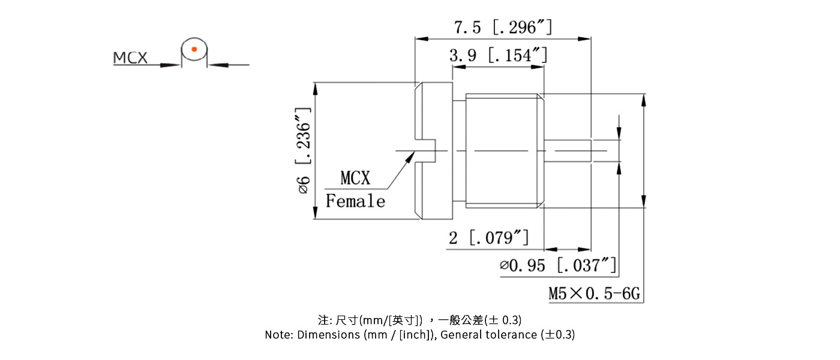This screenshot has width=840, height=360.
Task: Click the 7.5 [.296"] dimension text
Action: [x=503, y=28]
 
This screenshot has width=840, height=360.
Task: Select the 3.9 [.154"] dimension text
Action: [x=498, y=56]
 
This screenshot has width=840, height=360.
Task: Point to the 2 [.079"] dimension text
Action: [x=489, y=238]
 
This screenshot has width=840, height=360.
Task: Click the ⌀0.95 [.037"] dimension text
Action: [x=558, y=265]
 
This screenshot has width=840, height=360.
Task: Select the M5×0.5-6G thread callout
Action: [x=595, y=294]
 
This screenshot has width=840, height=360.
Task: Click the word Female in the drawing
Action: [x=355, y=201]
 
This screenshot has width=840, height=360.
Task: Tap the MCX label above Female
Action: [x=355, y=178]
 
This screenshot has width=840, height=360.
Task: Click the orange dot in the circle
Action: [x=194, y=49]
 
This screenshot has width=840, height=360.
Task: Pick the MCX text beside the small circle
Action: [x=130, y=58]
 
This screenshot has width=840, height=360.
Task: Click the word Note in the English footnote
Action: [x=278, y=335]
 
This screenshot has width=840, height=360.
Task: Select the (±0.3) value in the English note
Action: [x=557, y=335]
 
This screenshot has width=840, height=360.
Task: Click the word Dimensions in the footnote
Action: [x=329, y=335]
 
